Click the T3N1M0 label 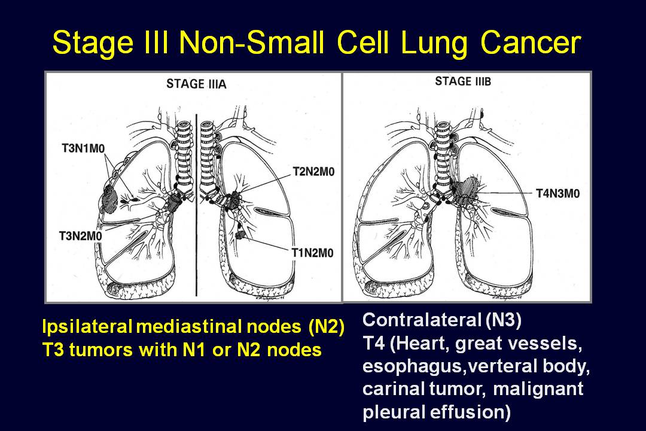[x=83, y=148]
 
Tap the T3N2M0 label [x=80, y=236]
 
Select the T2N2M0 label [x=313, y=172]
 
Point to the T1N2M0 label [x=313, y=253]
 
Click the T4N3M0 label [x=558, y=193]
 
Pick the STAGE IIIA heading [x=197, y=84]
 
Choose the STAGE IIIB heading [x=463, y=81]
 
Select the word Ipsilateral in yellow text [x=87, y=327]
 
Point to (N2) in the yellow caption [x=326, y=327]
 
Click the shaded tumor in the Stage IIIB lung [x=467, y=189]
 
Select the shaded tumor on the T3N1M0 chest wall [x=109, y=198]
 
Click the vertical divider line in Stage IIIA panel [x=197, y=205]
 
